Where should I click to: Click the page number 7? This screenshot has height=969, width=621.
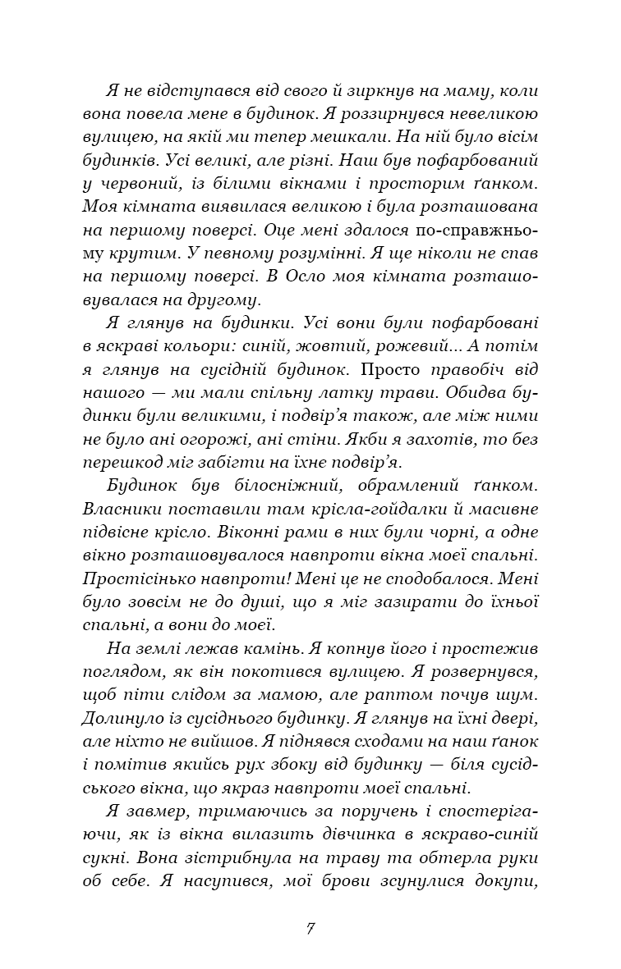point(310,929)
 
